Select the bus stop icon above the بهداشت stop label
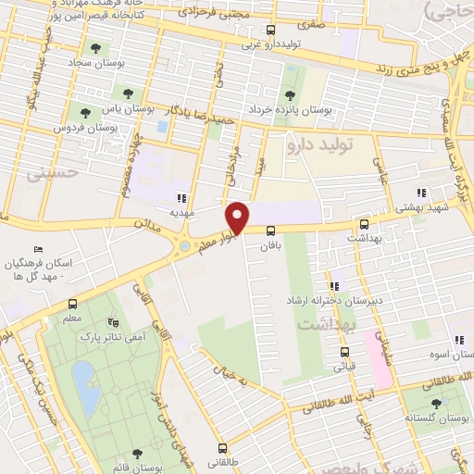click(x=363, y=224)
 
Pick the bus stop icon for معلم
click(x=72, y=303)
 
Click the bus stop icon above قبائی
click(x=343, y=352)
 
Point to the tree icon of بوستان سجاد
click(x=95, y=48)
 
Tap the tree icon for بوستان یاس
click(x=126, y=94)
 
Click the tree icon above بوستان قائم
click(x=137, y=454)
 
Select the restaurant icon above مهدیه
click(x=181, y=197)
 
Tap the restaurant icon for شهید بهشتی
click(x=421, y=193)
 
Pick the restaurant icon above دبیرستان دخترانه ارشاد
click(x=334, y=286)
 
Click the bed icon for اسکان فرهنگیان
click(x=37, y=250)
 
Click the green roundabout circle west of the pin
click(x=184, y=247)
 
